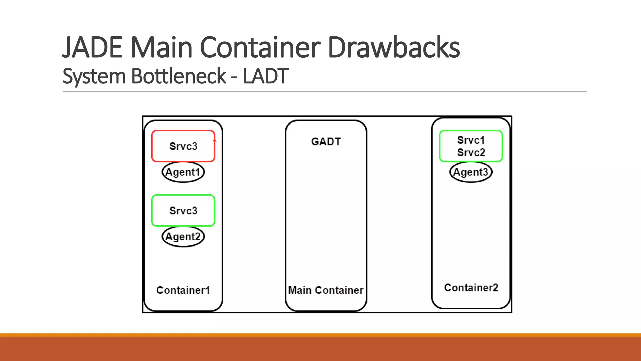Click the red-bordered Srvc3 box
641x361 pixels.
[183, 146]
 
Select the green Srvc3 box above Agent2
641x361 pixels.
[183, 211]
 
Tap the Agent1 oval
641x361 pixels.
[183, 172]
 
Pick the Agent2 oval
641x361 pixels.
[183, 237]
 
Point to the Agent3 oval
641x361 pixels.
[471, 172]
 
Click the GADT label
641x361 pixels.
[326, 142]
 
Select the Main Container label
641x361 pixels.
[326, 290]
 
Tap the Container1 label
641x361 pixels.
[183, 290]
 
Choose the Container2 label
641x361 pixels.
[471, 288]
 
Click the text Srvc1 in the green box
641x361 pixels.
[471, 140]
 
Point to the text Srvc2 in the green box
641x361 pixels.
[471, 153]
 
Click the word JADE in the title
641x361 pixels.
[93, 48]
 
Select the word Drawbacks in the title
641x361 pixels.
[393, 48]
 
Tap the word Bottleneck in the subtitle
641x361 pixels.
[178, 76]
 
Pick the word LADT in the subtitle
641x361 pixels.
[265, 76]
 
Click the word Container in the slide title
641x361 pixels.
[260, 48]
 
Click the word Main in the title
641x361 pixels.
[161, 48]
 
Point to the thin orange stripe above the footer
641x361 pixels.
[320, 335]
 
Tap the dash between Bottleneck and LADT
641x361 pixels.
[234, 77]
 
